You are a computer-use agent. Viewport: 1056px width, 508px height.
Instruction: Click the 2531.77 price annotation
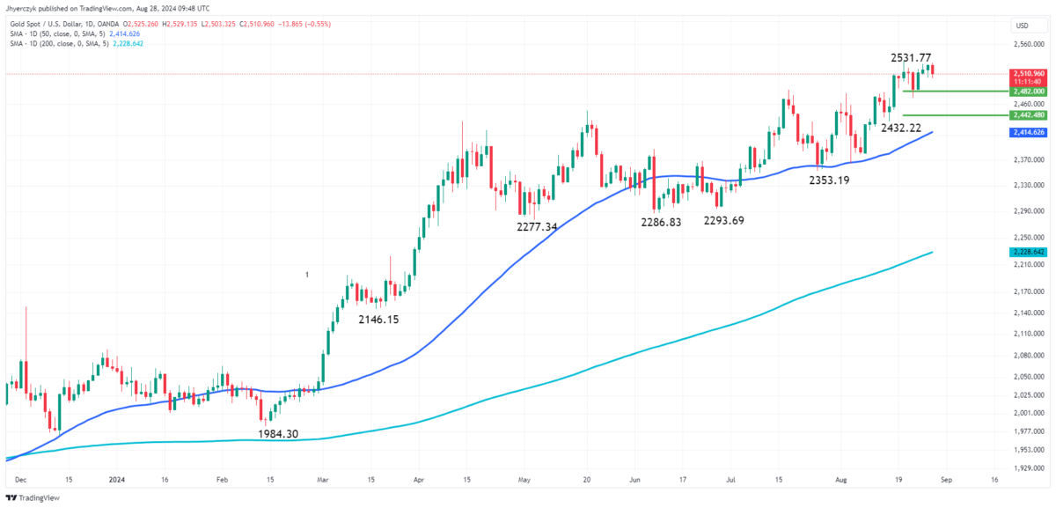[911, 58]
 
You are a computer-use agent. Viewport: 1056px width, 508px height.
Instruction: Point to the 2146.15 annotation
[378, 320]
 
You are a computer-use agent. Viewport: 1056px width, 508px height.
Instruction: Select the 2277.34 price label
[537, 227]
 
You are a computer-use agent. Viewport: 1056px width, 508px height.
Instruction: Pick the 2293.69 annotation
[723, 220]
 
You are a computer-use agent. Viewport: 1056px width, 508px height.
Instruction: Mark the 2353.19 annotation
[829, 180]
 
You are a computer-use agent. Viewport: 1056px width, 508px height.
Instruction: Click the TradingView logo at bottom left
[34, 497]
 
